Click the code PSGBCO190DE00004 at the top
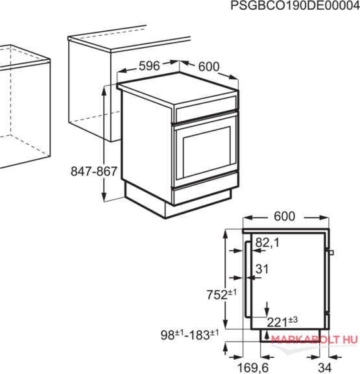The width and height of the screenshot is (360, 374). point(295,5)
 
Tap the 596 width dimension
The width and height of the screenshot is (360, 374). point(149,66)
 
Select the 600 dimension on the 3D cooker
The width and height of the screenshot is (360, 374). point(209,66)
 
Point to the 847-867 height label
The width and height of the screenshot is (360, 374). point(94,171)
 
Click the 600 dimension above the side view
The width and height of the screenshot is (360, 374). point(285,216)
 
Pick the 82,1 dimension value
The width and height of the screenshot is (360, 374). point(267,243)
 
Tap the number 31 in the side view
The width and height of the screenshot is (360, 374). point(262,269)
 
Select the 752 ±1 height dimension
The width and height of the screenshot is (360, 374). point(222,294)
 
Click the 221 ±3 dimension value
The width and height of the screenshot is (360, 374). point(282,322)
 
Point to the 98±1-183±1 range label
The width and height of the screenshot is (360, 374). point(189,334)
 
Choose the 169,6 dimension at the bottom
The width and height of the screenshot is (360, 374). point(253,368)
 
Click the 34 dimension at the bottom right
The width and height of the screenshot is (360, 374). point(325,368)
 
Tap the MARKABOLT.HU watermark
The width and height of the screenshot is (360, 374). point(315,340)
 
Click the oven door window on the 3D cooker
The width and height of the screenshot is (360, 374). point(206,151)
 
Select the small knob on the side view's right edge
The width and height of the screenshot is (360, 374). point(331,253)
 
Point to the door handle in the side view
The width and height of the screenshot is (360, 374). point(248,279)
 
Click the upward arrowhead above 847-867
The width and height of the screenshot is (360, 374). point(104,91)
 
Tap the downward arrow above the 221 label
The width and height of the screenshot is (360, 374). point(267,309)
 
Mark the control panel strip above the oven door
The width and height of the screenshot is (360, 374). point(206,109)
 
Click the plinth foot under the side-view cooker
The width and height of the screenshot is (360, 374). point(290,335)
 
